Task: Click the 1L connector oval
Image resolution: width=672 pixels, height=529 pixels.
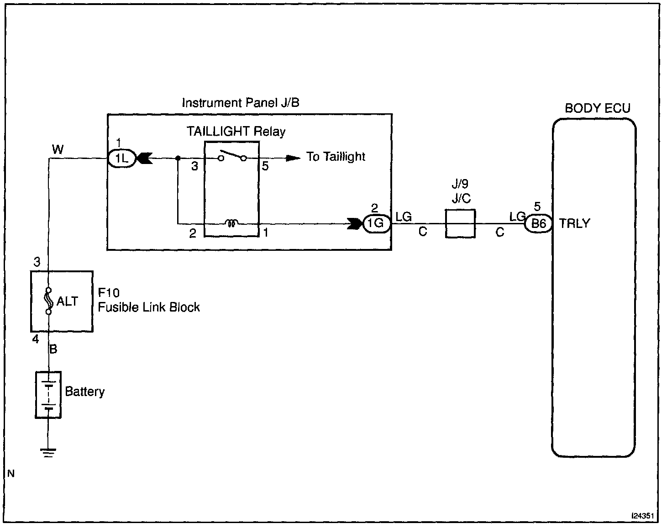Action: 122,159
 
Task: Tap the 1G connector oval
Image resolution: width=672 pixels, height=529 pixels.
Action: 377,223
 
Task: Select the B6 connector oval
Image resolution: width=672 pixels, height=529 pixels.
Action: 538,224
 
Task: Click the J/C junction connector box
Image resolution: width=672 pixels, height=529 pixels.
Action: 460,224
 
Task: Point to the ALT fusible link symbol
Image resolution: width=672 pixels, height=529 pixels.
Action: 48,301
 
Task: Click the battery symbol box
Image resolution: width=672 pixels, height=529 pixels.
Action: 48,395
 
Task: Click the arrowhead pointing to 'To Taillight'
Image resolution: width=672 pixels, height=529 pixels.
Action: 293,158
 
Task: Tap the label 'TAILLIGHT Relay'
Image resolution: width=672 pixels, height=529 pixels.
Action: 236,132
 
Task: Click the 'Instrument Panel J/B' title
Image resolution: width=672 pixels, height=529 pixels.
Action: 241,103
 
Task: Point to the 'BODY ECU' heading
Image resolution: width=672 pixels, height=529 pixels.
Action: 598,108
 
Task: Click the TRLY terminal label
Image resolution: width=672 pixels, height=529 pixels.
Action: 574,224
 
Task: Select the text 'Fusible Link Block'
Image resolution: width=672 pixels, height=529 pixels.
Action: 149,307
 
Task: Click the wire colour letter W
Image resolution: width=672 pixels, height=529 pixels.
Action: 58,149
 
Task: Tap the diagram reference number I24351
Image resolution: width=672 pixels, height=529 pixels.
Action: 643,516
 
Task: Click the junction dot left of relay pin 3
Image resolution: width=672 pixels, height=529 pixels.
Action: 178,158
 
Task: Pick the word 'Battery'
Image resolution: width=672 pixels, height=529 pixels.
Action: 84,391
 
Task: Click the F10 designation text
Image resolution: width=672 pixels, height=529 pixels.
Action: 109,293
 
